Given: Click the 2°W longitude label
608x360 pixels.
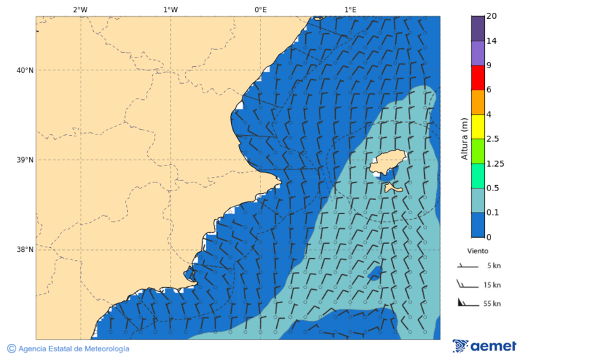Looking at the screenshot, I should point(80,9).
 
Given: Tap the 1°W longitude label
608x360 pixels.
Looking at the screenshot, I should point(170,9).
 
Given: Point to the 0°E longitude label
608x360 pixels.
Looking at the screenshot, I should point(260,9).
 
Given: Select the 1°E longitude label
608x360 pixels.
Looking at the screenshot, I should point(350,9).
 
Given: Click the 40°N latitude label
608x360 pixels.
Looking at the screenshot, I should point(24,70).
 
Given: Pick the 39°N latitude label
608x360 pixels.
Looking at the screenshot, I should point(24,160).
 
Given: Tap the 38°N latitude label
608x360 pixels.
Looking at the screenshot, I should point(24,250).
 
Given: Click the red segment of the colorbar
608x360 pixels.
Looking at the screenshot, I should point(478,78).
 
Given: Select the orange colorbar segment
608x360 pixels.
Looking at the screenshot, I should point(478,102).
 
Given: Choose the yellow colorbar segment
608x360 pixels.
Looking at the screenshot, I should point(478,126).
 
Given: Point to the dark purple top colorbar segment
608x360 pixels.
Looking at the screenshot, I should point(478,28).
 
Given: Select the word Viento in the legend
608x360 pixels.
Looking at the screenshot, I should point(478,251).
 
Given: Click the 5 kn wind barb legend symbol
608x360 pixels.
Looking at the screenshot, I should point(467,266).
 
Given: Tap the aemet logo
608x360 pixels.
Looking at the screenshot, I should point(484,346).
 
